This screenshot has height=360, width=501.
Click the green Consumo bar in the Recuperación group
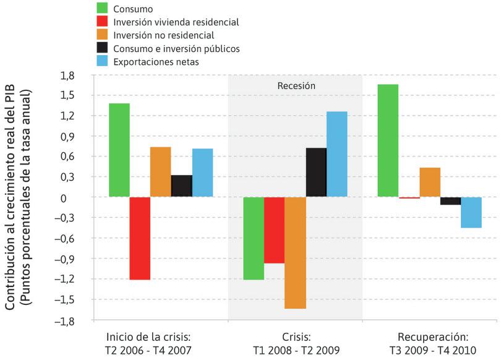click(387, 140)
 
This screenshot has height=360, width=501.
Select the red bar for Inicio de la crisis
click(140, 238)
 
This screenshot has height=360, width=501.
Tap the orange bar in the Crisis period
click(295, 252)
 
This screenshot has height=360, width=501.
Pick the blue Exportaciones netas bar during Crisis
click(336, 154)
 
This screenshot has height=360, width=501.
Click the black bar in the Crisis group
click(316, 173)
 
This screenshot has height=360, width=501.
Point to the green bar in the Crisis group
click(254, 238)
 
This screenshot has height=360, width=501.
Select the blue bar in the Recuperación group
click(471, 212)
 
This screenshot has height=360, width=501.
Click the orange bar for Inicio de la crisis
click(160, 172)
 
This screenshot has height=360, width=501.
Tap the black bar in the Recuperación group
click(450, 201)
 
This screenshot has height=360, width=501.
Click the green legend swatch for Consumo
click(103, 8)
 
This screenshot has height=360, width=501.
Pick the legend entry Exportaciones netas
click(161, 61)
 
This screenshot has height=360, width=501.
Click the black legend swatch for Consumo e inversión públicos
click(103, 48)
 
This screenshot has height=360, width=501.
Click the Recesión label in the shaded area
click(295, 86)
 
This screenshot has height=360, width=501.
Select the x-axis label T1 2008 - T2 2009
click(295, 351)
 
